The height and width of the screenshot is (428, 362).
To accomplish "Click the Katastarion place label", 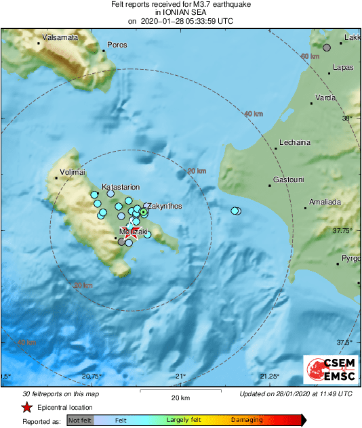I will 121,186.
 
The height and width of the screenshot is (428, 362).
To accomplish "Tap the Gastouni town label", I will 289,179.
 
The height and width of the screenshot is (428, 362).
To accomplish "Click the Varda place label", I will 326,98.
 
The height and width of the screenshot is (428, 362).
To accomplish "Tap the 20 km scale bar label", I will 180,398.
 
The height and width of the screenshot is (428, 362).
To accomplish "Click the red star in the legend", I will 26,407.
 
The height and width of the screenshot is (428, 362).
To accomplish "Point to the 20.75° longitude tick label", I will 92,376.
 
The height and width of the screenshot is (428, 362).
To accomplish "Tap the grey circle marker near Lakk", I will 327,47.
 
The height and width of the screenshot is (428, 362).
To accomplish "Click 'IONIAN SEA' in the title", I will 180,13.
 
